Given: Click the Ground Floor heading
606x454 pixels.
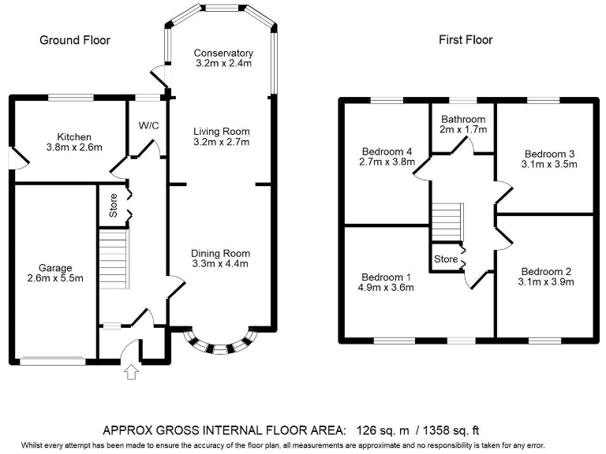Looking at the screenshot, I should (x=75, y=40).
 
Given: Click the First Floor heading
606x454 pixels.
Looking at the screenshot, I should (x=466, y=40).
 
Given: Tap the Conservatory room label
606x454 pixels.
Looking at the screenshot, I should (x=223, y=54).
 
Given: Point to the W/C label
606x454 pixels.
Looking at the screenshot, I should (x=148, y=125).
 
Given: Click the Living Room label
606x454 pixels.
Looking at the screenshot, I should (x=223, y=132).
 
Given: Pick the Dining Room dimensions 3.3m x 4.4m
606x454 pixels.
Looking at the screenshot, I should (x=220, y=264).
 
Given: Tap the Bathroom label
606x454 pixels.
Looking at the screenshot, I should (x=463, y=120).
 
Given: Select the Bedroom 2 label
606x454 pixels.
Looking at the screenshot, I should (x=545, y=271).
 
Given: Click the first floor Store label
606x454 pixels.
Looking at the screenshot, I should (x=446, y=259).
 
